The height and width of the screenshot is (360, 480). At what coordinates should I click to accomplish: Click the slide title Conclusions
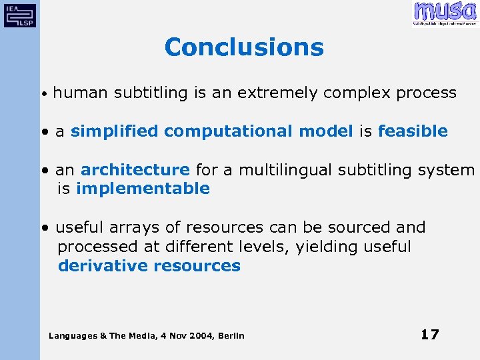tap(243, 47)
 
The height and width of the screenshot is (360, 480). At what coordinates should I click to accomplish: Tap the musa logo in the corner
tap(445, 13)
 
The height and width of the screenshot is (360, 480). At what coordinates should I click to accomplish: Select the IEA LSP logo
tap(20, 14)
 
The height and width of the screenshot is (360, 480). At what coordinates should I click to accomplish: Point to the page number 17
tap(429, 335)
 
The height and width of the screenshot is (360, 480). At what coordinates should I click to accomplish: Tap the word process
tap(426, 93)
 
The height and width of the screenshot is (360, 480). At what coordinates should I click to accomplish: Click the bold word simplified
tap(114, 131)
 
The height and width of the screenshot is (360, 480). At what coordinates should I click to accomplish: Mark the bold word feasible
tap(413, 131)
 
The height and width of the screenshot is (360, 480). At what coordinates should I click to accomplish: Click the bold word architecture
tap(135, 170)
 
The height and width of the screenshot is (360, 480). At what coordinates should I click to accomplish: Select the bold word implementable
tap(143, 189)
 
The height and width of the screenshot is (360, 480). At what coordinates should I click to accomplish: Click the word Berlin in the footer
tap(231, 335)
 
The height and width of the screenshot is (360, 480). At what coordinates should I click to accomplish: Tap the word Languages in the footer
tap(73, 335)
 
